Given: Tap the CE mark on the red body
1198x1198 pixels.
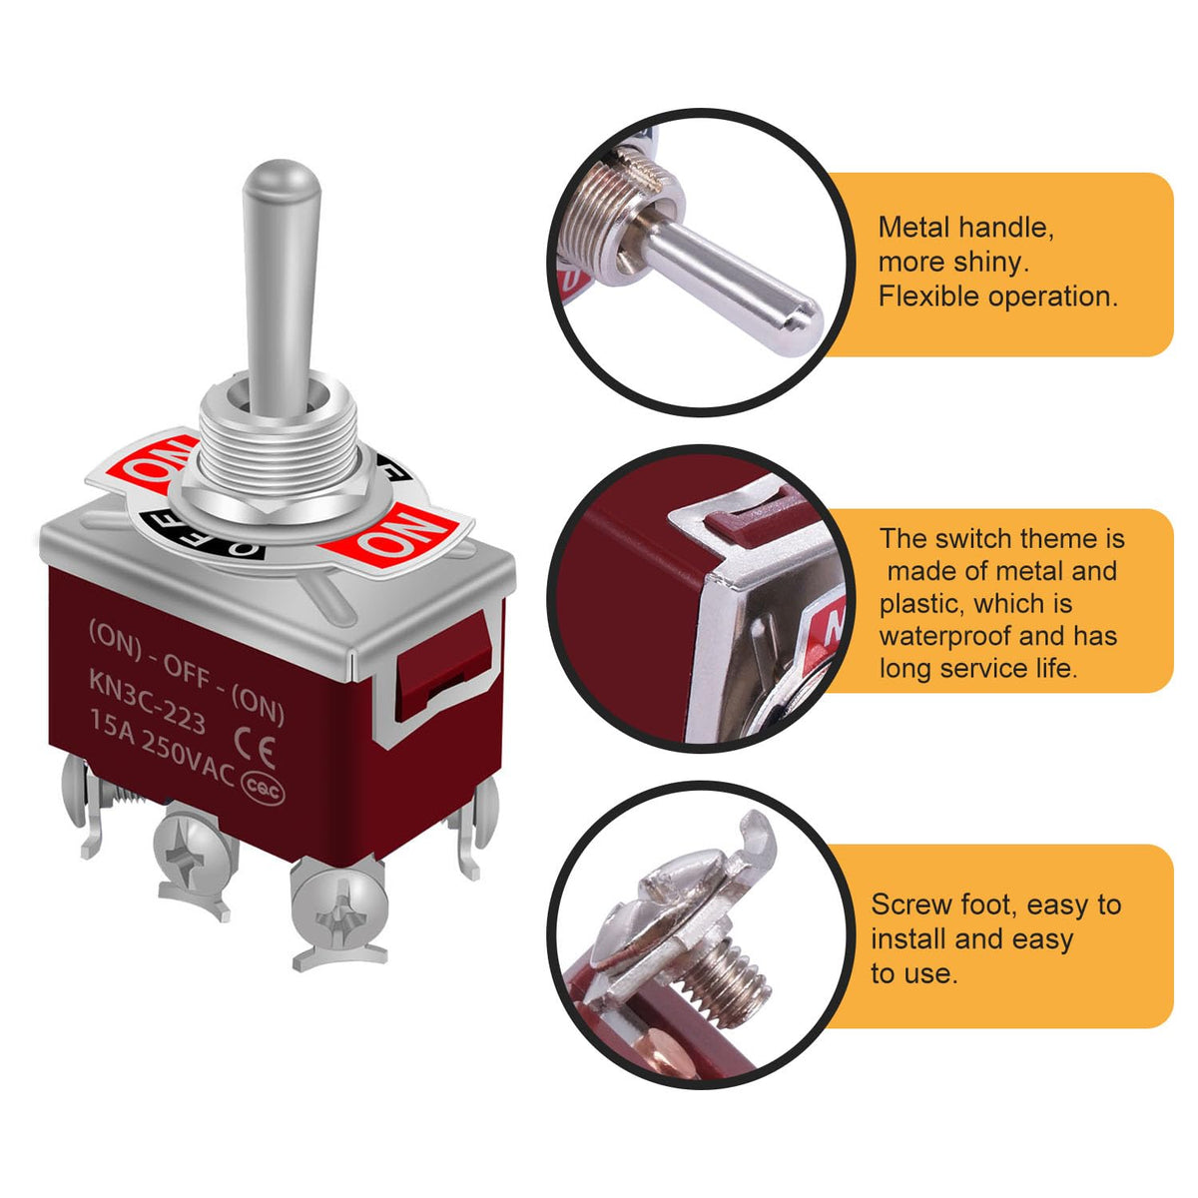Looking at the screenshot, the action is coord(255,748).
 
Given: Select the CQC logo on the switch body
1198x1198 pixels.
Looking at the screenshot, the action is coord(263,790).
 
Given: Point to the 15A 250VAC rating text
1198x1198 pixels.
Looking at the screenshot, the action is coord(163,749).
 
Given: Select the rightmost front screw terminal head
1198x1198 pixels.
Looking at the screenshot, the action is coord(337,907).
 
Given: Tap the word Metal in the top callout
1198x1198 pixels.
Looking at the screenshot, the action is coord(913,228).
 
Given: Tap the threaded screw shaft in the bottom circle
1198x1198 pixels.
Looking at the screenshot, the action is coord(729,988).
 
